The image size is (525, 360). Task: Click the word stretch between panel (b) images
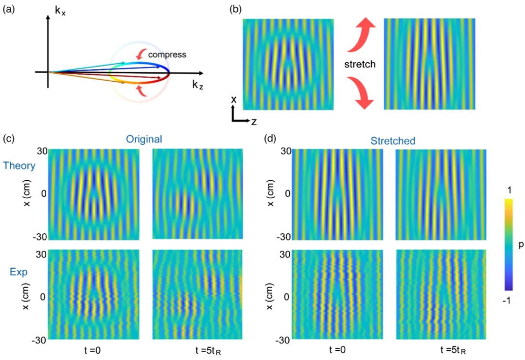(x=360, y=64)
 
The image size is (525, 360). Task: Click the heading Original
(x=144, y=139)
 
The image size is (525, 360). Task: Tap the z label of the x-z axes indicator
(x=254, y=121)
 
